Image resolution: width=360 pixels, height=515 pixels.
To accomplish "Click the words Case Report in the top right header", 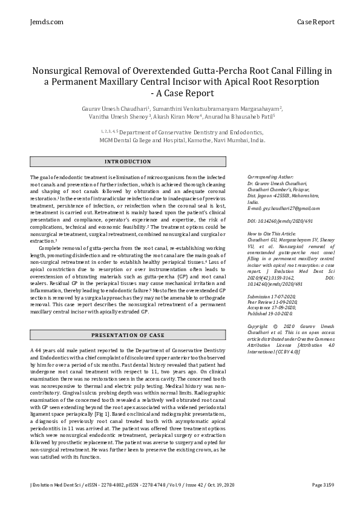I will point(315,22).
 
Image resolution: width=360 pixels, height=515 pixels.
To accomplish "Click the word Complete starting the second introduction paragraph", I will point(52,248).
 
